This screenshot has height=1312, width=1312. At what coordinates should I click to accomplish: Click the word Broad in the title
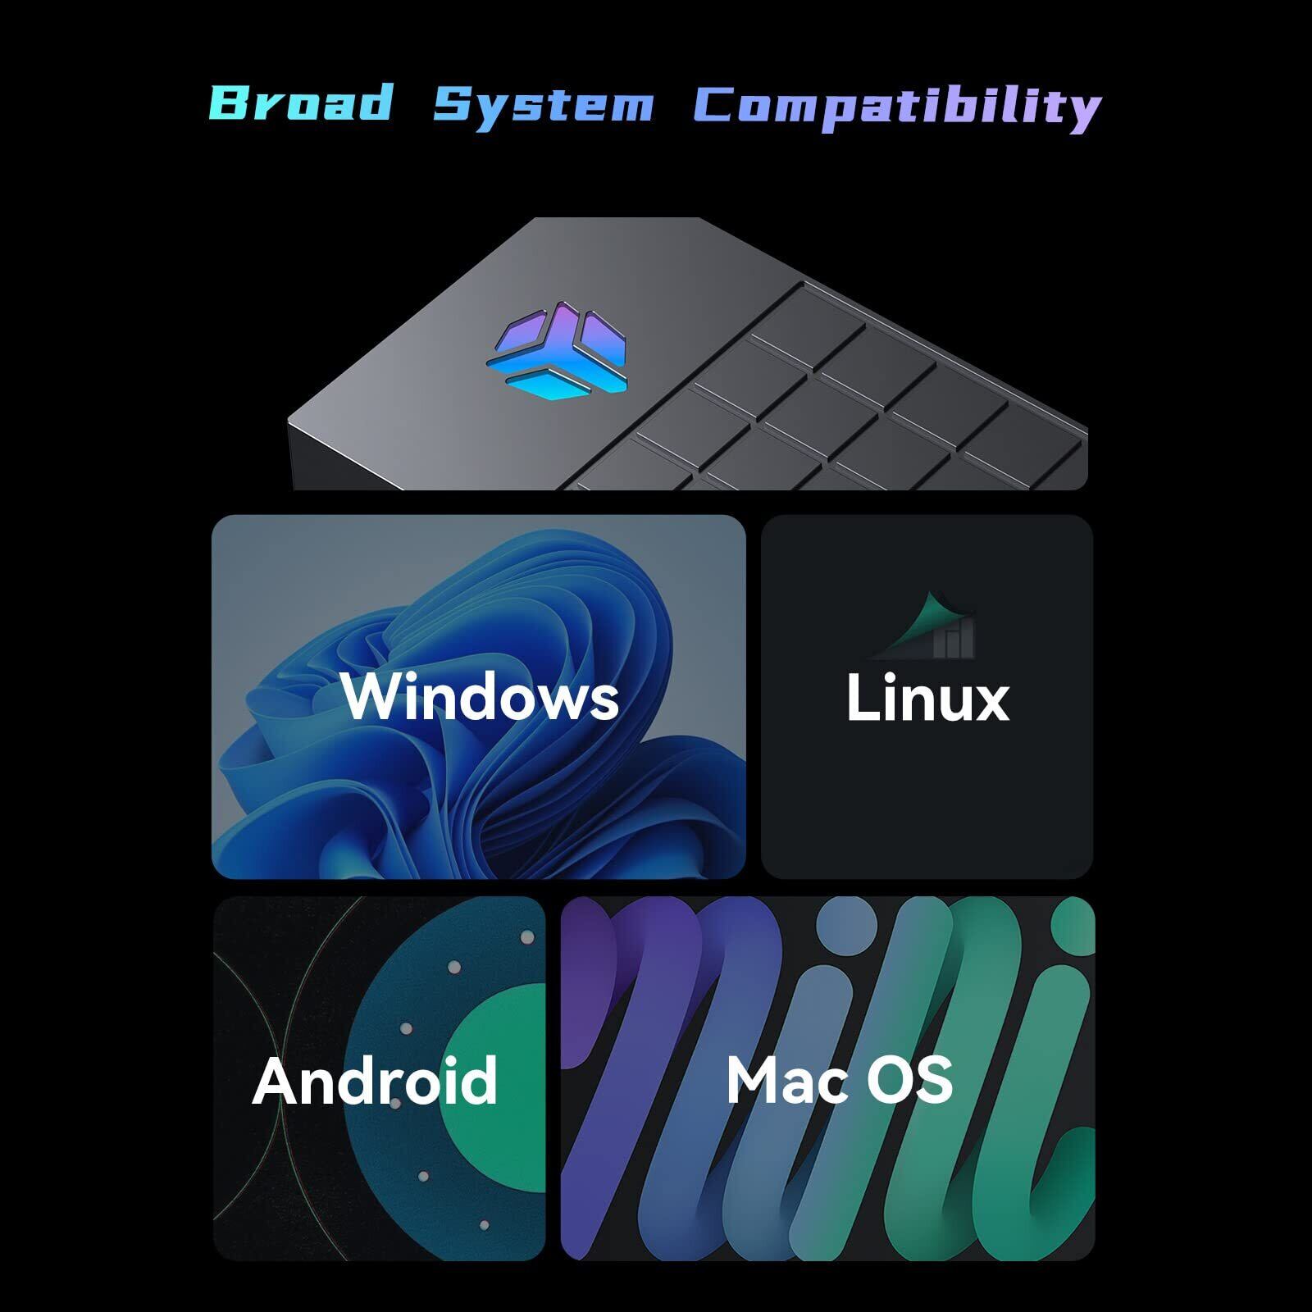point(301,102)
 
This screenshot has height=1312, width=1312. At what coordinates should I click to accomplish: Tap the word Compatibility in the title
point(896,107)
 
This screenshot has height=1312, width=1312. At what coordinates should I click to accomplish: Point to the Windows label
point(480,697)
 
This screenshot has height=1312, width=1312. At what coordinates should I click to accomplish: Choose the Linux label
point(927,698)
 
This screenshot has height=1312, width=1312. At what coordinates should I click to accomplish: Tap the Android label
point(375,1080)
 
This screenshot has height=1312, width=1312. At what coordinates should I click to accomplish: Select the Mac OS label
point(839,1079)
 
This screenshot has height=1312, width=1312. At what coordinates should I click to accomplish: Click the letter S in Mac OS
point(936,1080)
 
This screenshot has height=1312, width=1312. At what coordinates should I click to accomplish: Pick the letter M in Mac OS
point(753,1080)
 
